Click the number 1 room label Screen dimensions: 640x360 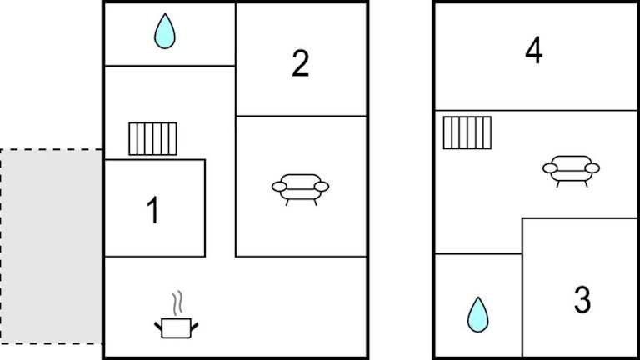(x=153, y=210)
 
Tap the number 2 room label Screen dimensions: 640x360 (x=300, y=63)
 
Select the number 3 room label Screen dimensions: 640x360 (x=582, y=300)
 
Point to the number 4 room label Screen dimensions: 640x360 (x=534, y=50)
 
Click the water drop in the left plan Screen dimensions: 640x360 (x=165, y=32)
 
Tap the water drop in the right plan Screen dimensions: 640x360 (x=478, y=315)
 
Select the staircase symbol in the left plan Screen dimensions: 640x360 (x=152, y=139)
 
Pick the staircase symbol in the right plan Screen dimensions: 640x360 (x=467, y=132)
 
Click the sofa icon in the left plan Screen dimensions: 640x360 (x=300, y=189)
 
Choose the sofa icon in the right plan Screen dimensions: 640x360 (x=571, y=171)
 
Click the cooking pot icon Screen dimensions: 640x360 (x=177, y=327)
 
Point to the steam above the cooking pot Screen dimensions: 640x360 (x=177, y=302)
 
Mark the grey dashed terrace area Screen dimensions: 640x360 (x=51, y=247)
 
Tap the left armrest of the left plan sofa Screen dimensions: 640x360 (x=279, y=187)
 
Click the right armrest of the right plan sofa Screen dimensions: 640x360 (x=592, y=167)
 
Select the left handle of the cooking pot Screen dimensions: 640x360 (x=158, y=326)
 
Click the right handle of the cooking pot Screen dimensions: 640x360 (x=195, y=326)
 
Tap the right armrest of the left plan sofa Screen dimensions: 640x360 (x=322, y=187)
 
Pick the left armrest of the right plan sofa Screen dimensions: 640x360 (x=550, y=167)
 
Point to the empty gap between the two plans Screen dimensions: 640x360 (x=401, y=180)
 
